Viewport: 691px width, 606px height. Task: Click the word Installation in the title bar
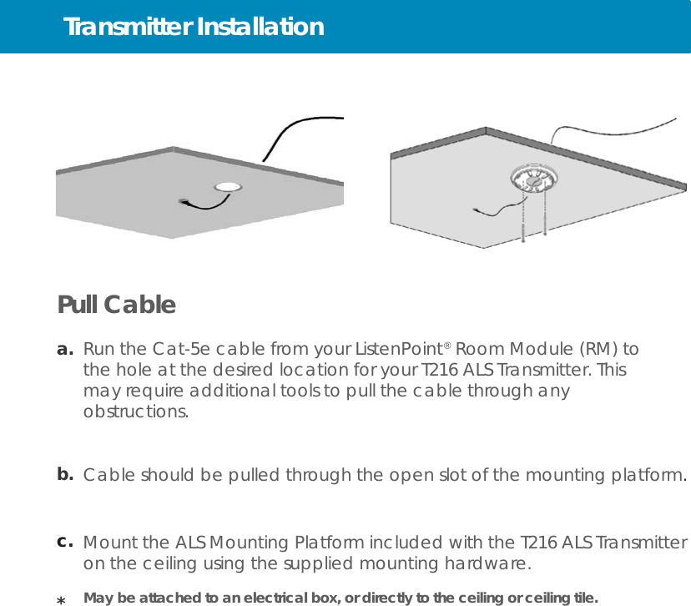[x=260, y=28]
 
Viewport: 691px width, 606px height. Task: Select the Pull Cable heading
[x=116, y=306]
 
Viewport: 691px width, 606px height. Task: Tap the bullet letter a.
[x=65, y=349]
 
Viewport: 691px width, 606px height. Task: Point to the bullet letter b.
[x=65, y=475]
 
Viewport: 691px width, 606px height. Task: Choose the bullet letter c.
[x=65, y=542]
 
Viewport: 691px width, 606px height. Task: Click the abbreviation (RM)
[x=599, y=349]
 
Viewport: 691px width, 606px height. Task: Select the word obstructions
[x=135, y=412]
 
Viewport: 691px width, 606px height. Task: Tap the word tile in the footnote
[x=583, y=598]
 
